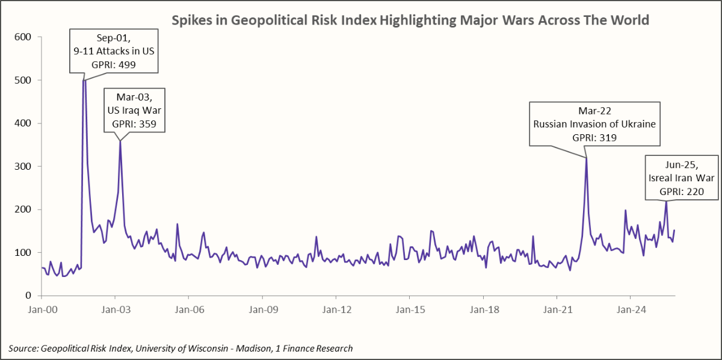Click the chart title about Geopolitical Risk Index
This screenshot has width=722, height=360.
point(410,20)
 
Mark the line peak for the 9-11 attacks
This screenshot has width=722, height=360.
point(84,81)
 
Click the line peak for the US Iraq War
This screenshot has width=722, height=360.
point(120,141)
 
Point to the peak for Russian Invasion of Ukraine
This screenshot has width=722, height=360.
point(586,158)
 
